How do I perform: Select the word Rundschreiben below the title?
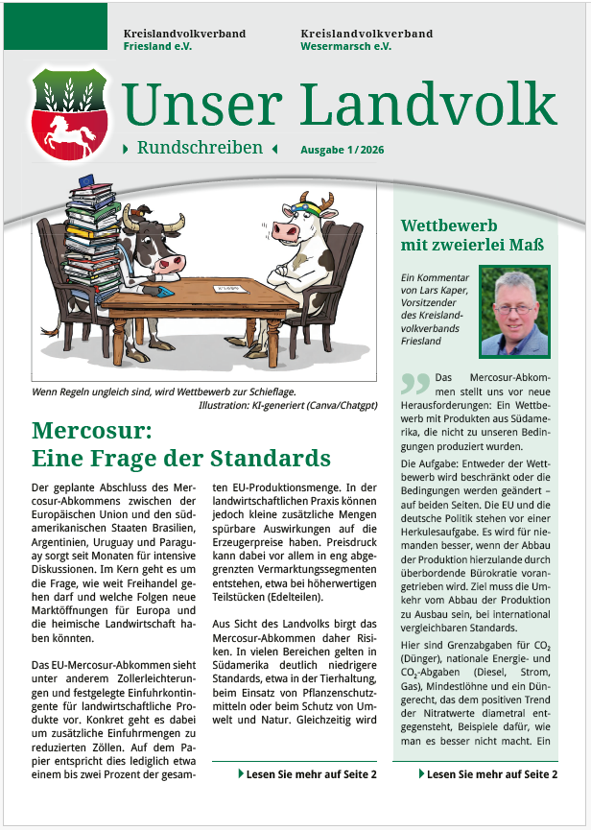[200, 148]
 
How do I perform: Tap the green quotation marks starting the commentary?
[414, 385]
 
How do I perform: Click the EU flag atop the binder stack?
[88, 179]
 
